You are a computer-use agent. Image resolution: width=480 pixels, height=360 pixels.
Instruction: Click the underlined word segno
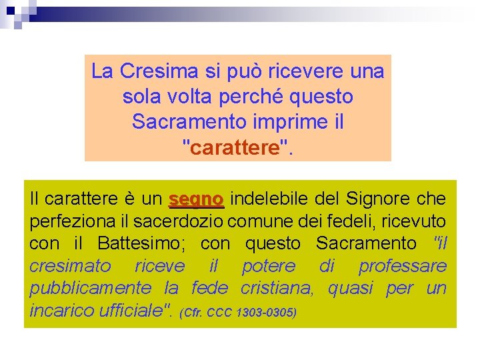197,199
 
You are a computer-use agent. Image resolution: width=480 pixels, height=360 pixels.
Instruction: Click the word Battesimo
143,244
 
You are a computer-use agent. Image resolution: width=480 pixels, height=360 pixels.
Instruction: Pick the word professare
403,267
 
